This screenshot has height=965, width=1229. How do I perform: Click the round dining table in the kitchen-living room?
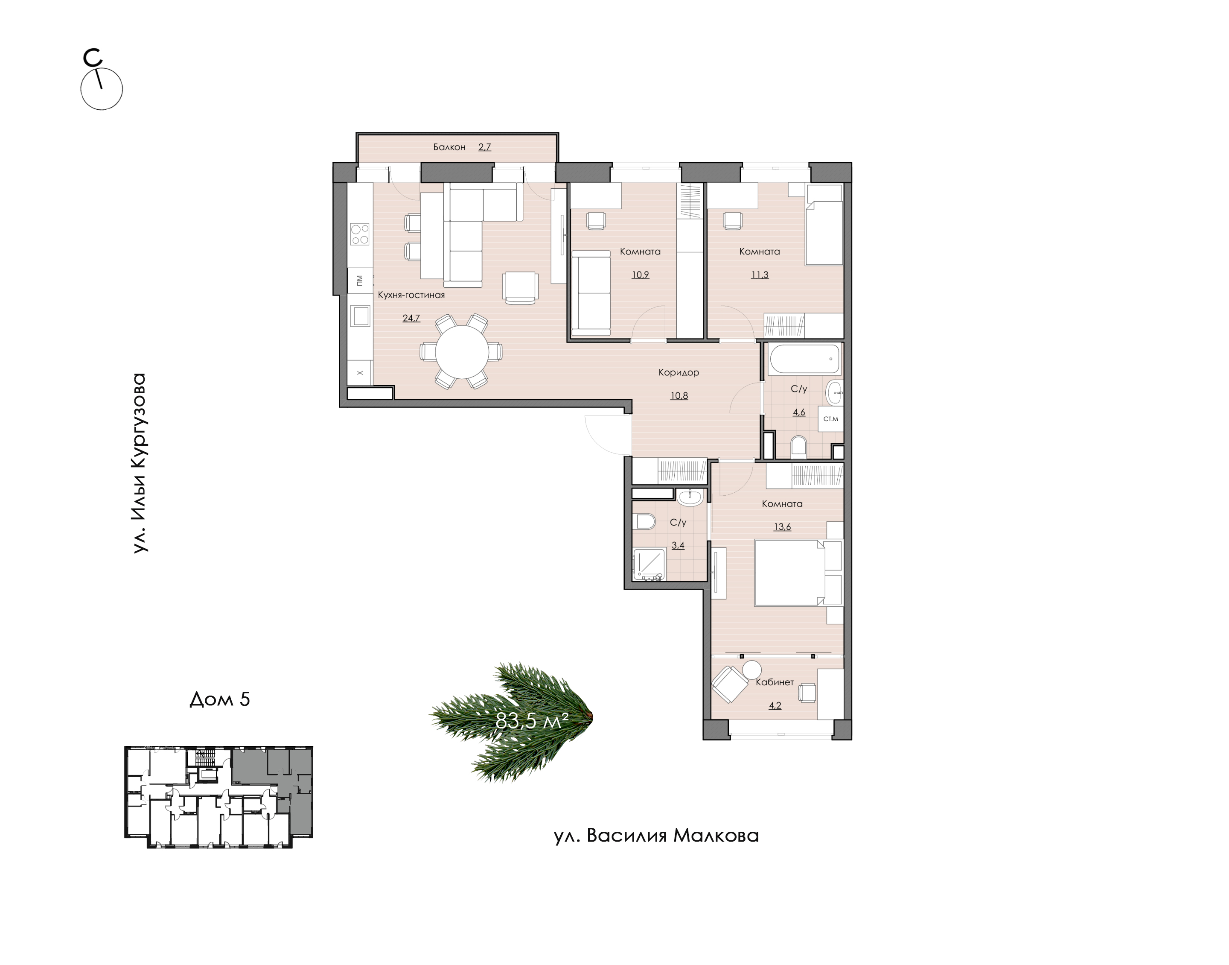pos(461,351)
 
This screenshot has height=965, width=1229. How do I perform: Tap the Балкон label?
pos(449,147)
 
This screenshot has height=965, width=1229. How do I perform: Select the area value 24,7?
pos(411,318)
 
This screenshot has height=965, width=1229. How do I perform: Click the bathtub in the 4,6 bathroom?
pos(804,359)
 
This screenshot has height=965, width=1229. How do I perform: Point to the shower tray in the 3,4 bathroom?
pos(649,564)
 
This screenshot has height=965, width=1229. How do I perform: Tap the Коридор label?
pos(679,372)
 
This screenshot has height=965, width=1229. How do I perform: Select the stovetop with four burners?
pos(360,234)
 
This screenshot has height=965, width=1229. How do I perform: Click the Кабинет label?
pos(775,682)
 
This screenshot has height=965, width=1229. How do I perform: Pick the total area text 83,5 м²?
pos(532,721)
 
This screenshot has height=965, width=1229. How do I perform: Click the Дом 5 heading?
pos(220,699)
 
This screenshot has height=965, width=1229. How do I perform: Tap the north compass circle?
pos(102,89)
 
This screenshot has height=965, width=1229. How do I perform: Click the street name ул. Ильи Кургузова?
pos(139,463)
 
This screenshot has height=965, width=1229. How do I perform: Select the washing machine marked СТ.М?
pos(830,418)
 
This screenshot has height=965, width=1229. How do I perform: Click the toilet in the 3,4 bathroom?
pos(644,521)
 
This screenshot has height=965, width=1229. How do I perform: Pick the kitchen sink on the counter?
pos(360,316)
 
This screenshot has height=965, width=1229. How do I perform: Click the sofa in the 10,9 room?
pos(591,293)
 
